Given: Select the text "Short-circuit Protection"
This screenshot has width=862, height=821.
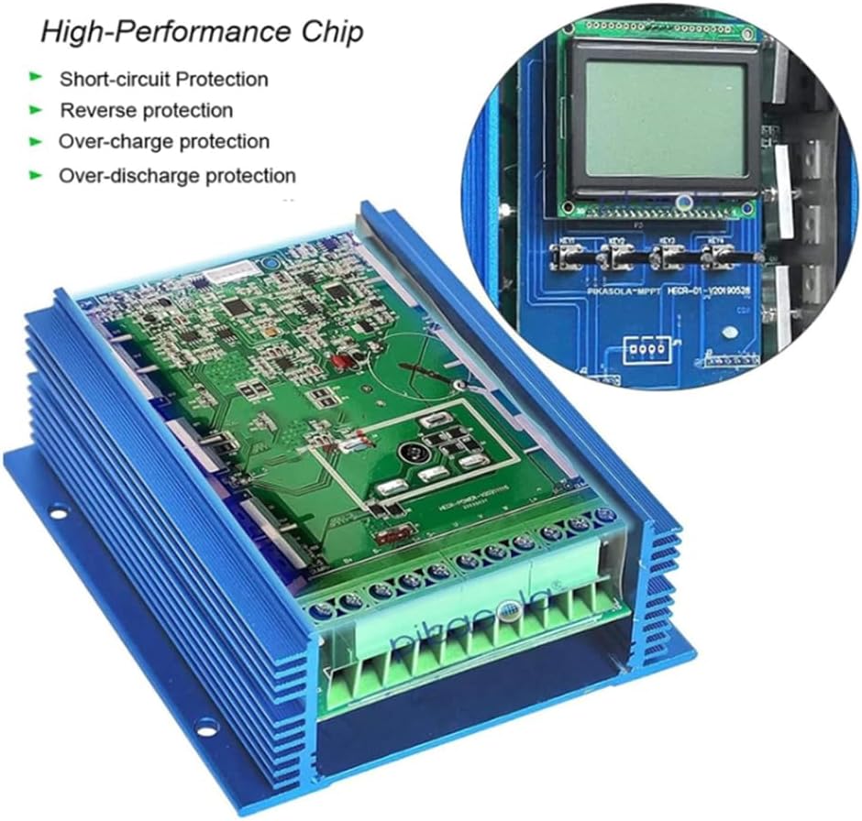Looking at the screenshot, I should pos(164,79).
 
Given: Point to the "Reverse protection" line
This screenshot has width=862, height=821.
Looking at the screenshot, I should pos(147,111).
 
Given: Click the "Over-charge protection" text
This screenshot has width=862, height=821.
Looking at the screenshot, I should pos(164,142).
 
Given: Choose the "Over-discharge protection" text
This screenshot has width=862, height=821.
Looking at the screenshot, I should pos(177,174).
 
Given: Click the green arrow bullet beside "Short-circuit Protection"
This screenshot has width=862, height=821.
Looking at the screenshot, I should pos(36,79).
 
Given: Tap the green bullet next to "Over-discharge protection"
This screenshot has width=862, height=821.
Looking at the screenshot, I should pos(36,174).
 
